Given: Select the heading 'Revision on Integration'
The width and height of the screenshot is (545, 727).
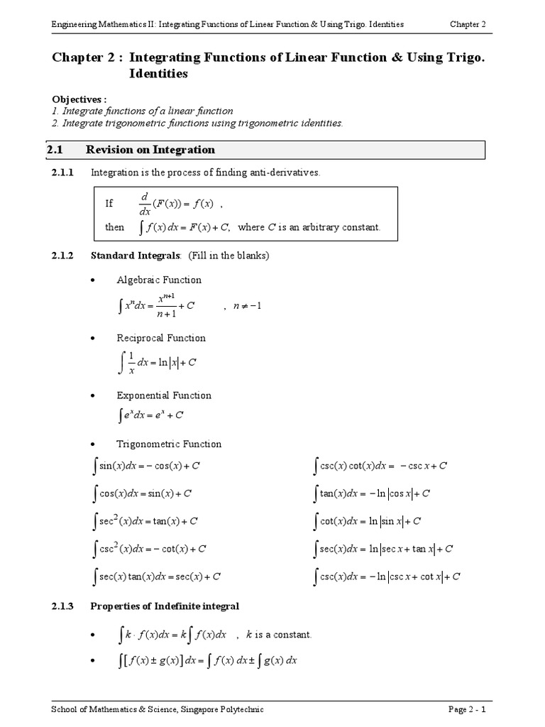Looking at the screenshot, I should (150, 150).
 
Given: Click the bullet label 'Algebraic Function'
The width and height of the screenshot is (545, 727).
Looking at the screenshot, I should (159, 280).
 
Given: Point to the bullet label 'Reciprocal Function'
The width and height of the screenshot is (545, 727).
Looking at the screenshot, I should (161, 338).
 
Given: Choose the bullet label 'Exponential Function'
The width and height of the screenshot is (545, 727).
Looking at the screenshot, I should (164, 395).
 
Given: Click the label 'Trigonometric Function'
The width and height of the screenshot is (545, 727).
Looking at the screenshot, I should (169, 444).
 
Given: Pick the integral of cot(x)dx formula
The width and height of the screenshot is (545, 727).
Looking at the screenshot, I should (368, 521).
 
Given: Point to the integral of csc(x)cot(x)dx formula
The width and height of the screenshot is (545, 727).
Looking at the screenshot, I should (380, 466).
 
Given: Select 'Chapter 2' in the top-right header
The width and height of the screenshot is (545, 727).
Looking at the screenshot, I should (468, 24).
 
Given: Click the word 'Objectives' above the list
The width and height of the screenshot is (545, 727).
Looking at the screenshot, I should (79, 99).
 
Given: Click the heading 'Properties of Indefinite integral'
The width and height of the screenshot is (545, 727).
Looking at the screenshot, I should (165, 606).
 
